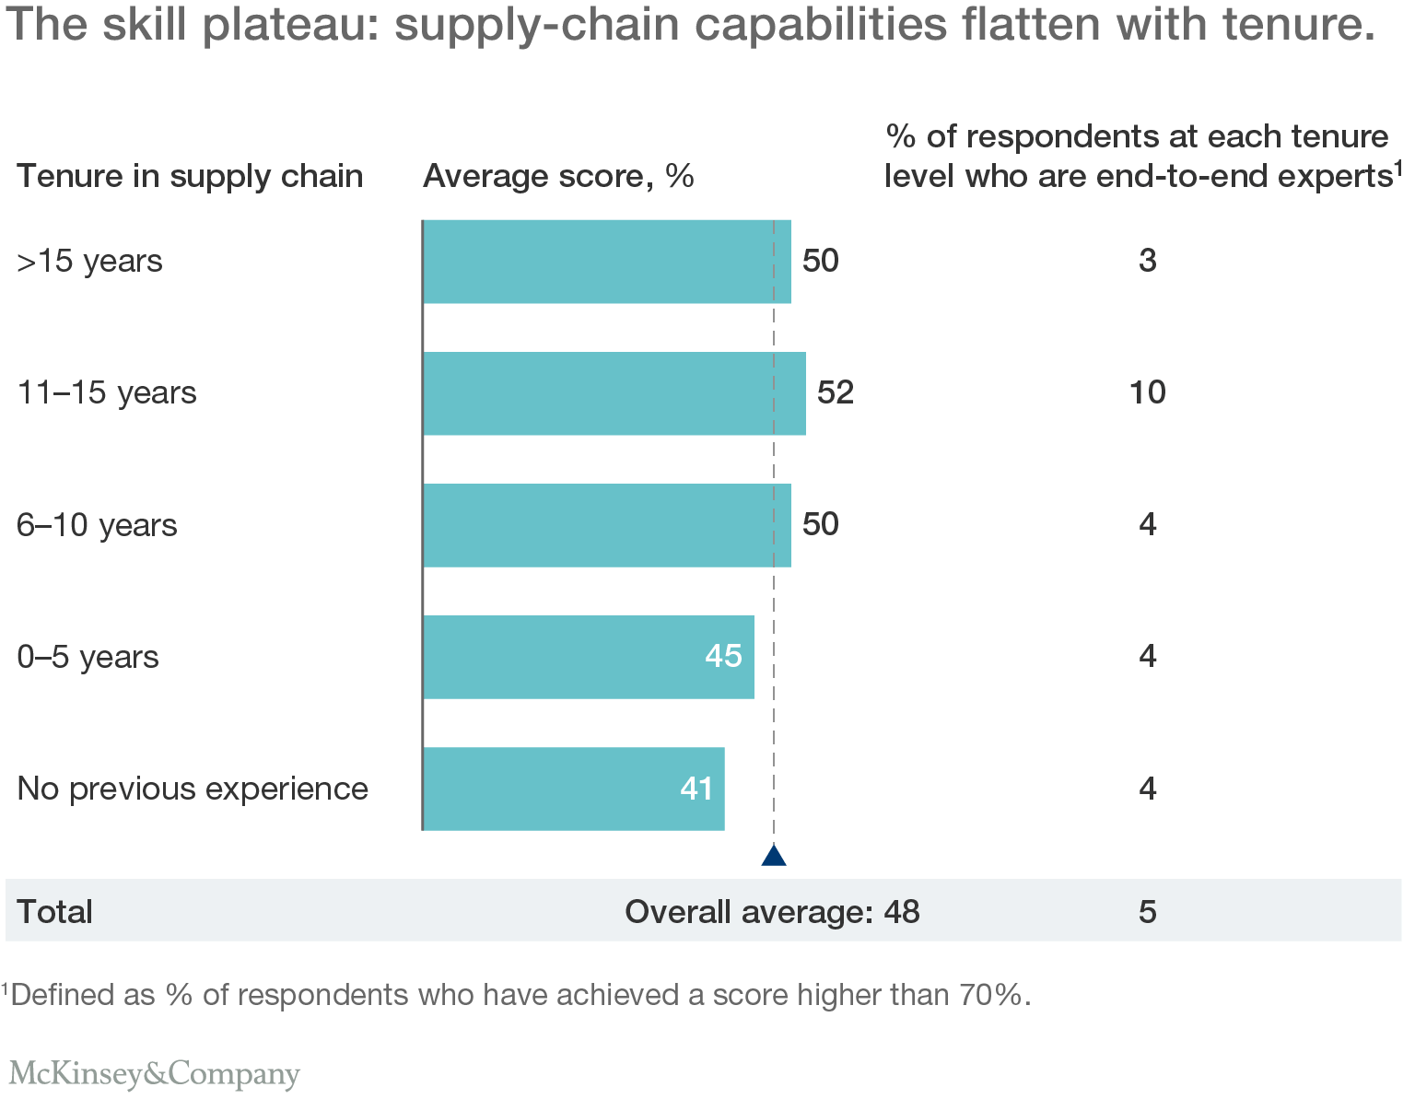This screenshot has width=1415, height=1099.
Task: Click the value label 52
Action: click(x=836, y=393)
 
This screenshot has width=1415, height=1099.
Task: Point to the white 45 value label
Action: click(x=723, y=656)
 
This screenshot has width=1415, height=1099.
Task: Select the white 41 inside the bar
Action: click(x=696, y=789)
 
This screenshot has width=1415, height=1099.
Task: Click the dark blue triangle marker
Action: click(x=774, y=856)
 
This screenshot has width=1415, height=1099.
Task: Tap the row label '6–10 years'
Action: click(x=97, y=525)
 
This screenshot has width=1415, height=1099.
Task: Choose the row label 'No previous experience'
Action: click(x=193, y=789)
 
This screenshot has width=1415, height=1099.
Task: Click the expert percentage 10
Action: click(x=1147, y=393)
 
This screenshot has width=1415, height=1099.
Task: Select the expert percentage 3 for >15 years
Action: click(x=1147, y=262)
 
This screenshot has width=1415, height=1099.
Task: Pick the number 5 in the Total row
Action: click(x=1147, y=912)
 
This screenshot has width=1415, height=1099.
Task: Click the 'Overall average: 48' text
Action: click(x=772, y=912)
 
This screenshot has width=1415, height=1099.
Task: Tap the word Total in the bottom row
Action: click(x=54, y=912)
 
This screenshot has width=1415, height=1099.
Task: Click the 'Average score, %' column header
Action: click(x=558, y=176)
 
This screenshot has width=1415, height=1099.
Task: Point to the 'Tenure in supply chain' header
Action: click(x=190, y=176)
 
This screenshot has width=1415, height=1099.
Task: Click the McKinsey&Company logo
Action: click(x=154, y=1074)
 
